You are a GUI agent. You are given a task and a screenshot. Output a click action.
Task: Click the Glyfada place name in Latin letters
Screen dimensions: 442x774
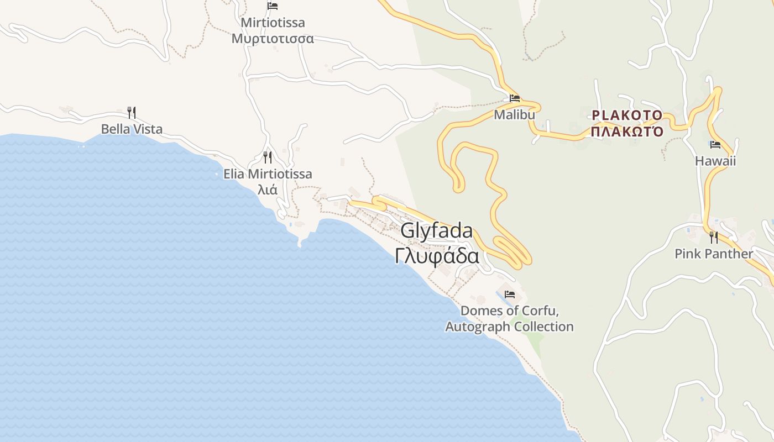pos(437,231)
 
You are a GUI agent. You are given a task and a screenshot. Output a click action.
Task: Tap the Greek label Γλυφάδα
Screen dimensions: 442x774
pos(437,256)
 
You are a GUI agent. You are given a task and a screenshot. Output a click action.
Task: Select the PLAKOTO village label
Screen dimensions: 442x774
pos(627,115)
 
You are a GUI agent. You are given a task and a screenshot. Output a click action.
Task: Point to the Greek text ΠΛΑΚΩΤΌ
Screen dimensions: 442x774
pos(627,131)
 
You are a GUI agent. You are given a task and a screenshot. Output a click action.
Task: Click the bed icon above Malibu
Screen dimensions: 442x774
pos(515,98)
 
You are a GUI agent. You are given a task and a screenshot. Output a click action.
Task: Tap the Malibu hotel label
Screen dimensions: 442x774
pos(515,115)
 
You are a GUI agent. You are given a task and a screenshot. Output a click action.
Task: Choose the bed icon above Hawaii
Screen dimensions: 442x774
pos(715,145)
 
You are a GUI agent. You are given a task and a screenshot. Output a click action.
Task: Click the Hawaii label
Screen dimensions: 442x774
pos(715,161)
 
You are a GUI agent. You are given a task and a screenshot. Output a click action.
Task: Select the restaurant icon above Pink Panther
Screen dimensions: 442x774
pos(714,237)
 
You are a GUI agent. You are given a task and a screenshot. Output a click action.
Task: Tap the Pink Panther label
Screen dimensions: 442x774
pos(714,254)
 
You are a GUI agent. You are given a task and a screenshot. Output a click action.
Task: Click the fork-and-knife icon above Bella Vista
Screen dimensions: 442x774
pos(132,113)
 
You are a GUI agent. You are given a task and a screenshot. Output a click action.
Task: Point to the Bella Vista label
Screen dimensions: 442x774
pos(132,129)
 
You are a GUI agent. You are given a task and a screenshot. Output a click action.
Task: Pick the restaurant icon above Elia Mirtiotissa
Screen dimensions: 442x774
pos(268,157)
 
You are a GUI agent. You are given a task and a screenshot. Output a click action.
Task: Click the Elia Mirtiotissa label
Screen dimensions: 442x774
pos(268,174)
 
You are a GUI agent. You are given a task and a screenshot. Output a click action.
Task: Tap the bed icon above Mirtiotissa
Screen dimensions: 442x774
pos(273,6)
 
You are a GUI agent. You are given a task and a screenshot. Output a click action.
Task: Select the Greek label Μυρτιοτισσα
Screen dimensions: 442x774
pos(273,39)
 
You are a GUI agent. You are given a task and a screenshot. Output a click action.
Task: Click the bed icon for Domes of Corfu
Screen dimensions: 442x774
pos(510,294)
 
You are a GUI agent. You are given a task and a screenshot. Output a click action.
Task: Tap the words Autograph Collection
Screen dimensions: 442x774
pos(510,327)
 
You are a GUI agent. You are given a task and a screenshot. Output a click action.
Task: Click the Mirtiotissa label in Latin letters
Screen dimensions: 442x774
pos(273,23)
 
